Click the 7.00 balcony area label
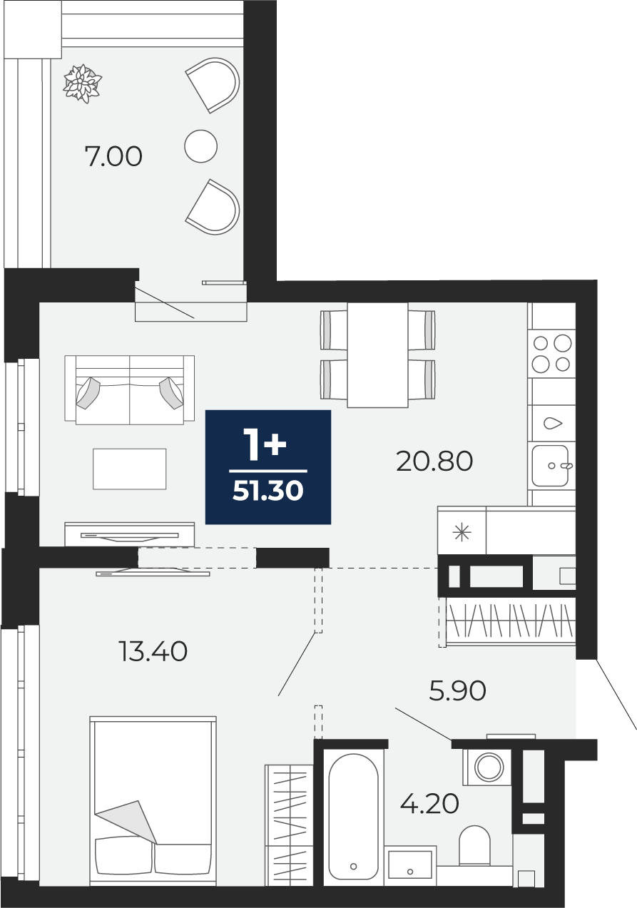113,157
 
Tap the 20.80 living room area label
434,461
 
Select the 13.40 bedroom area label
153,652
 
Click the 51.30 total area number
268,491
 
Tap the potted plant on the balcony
82,83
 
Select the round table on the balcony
200,146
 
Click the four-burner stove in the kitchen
552,354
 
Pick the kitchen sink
551,465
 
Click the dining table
377,354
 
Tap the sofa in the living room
129,390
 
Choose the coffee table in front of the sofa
129,469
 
